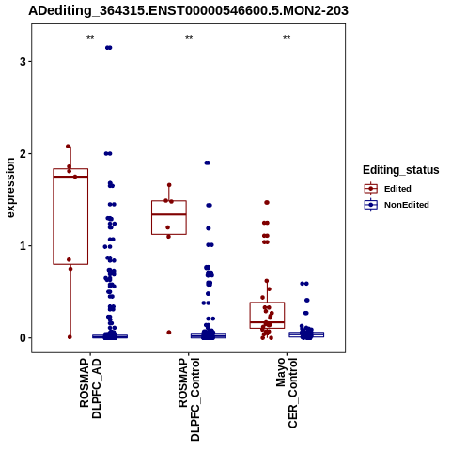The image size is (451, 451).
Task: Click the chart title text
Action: (188, 10)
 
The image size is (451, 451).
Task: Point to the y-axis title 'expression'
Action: (10, 188)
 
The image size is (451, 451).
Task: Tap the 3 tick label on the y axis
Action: (23, 62)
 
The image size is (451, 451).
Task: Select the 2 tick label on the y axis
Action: (23, 154)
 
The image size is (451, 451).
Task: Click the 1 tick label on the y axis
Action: (23, 246)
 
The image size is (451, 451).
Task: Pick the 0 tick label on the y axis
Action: (23, 338)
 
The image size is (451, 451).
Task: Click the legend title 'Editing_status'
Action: (401, 170)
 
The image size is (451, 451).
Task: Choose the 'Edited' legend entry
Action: (397, 189)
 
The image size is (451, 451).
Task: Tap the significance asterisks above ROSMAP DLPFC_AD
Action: (90, 38)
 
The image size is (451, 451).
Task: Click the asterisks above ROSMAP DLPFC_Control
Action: (189, 38)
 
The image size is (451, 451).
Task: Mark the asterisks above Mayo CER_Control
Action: (287, 38)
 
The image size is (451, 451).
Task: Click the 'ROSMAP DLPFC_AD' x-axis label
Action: (90, 388)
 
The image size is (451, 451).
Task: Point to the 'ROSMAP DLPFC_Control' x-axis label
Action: (189, 399)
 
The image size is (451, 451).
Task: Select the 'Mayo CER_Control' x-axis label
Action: (287, 393)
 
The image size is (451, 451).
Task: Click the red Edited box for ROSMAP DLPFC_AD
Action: (70, 216)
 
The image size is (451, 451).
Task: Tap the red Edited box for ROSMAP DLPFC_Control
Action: (169, 217)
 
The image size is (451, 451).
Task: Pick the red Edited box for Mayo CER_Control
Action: (267, 315)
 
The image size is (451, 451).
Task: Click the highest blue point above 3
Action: (109, 48)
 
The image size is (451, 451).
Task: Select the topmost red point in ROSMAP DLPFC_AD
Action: (68, 147)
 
